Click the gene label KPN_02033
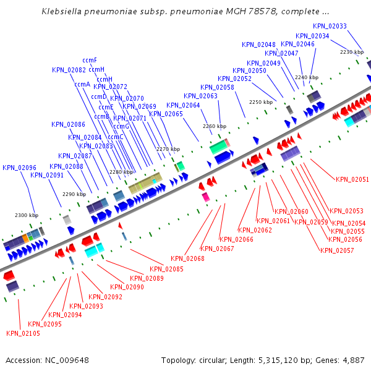[330, 26]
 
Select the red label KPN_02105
[23, 333]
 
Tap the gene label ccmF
[90, 60]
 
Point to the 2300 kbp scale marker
[27, 215]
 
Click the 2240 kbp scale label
[306, 77]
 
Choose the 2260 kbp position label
[214, 126]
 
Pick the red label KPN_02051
[352, 179]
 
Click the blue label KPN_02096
[19, 168]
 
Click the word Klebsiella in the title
[67, 12]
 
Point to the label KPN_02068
[187, 258]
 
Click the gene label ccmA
[82, 84]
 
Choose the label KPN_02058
[234, 87]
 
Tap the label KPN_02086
[68, 124]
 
